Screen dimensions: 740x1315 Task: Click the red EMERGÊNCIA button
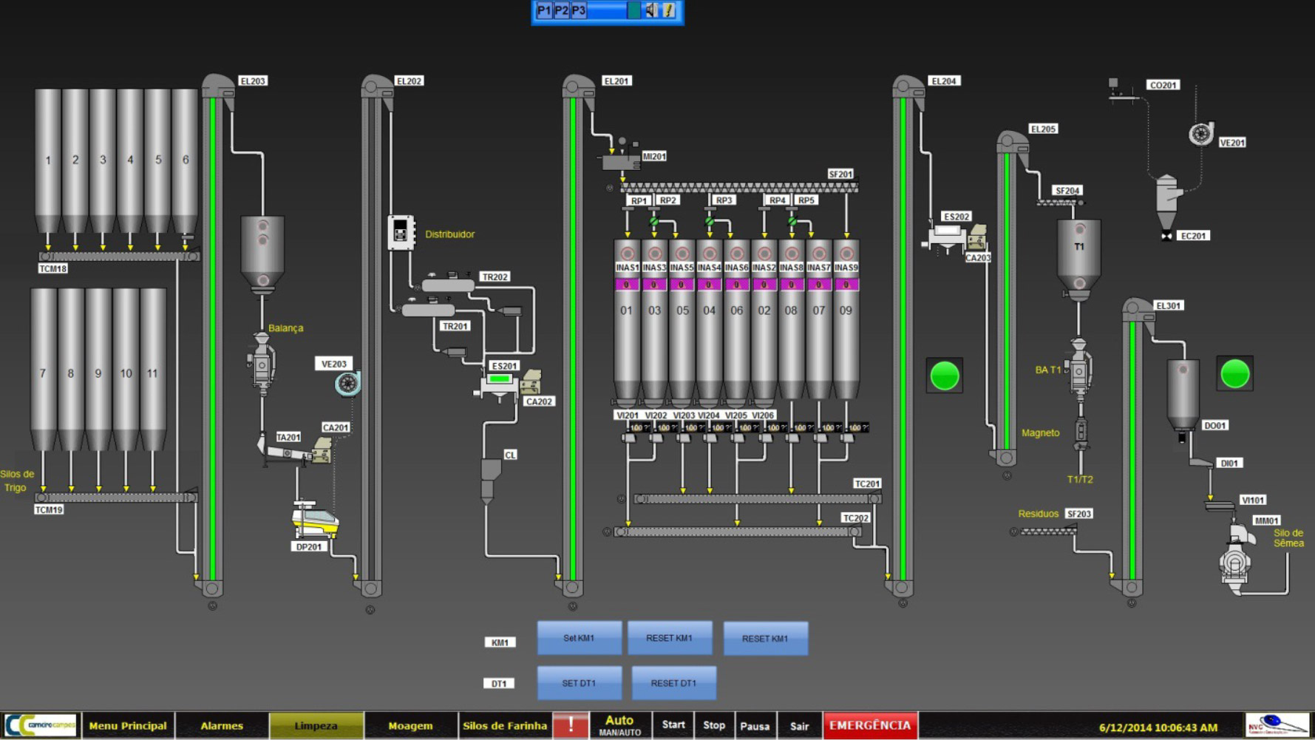[870, 725]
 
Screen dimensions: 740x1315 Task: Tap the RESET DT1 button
[673, 683]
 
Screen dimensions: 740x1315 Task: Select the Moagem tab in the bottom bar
[410, 726]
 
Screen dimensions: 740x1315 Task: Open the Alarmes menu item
[222, 726]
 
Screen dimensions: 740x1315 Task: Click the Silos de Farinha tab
[505, 726]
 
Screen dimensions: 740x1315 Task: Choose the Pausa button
[755, 726]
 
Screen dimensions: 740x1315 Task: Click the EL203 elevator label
[253, 81]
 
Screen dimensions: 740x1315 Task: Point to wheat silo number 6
[185, 160]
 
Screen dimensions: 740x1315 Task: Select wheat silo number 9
[98, 373]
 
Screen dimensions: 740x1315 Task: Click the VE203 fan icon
[347, 383]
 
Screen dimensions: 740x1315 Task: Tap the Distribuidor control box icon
[401, 233]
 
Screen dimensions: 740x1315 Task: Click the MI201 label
[654, 157]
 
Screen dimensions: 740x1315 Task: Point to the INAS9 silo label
[846, 268]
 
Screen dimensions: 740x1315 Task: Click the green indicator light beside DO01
[1234, 374]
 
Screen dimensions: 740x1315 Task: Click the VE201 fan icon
[1200, 134]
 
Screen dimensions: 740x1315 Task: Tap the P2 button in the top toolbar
[562, 10]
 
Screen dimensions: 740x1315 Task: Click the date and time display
[1158, 727]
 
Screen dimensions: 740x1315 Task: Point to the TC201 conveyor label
[867, 484]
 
